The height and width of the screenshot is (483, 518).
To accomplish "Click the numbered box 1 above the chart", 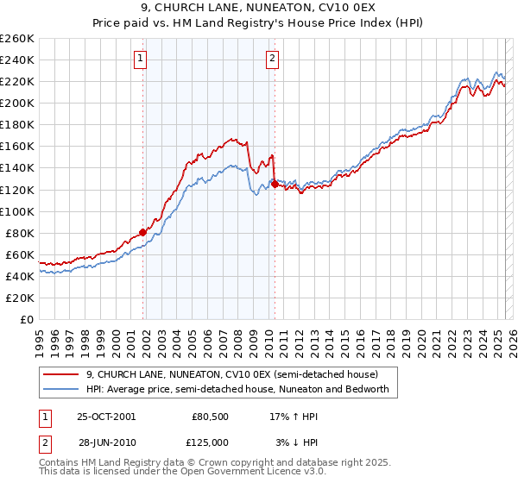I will tap(140, 59).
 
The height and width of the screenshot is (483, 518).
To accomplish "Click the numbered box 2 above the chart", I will tap(272, 59).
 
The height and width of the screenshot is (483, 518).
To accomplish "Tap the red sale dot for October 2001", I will tap(143, 231).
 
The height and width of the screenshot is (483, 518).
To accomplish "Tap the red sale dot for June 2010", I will tap(275, 184).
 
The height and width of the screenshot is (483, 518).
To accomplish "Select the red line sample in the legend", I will tap(62, 375).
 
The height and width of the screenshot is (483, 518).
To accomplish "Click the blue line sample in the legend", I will tap(62, 389).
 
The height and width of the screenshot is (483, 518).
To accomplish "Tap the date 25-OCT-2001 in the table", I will tap(106, 416).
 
